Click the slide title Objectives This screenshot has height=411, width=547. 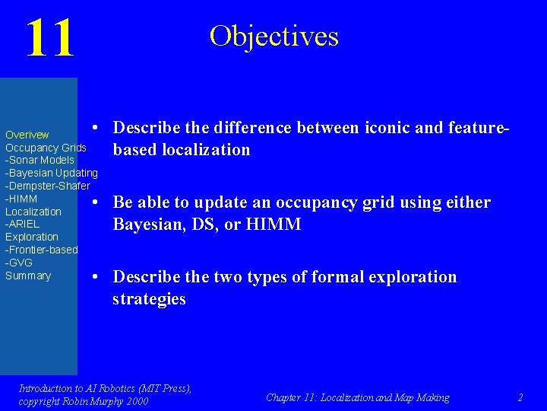(x=273, y=36)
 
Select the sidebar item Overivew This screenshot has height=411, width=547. (x=27, y=135)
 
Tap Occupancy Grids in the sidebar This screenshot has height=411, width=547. (x=46, y=148)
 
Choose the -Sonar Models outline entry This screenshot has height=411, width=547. (x=40, y=161)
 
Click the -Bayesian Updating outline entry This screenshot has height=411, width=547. (x=51, y=174)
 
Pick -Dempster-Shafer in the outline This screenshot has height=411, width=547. (x=47, y=186)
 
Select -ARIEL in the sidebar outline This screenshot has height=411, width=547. (x=22, y=225)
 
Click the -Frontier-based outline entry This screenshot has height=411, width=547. (x=41, y=250)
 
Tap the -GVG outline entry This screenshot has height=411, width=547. (x=19, y=263)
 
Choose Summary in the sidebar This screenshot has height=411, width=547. (x=28, y=276)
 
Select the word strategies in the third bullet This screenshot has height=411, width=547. (x=149, y=299)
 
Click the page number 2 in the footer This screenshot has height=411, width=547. (x=520, y=397)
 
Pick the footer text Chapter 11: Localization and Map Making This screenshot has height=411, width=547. (x=357, y=397)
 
